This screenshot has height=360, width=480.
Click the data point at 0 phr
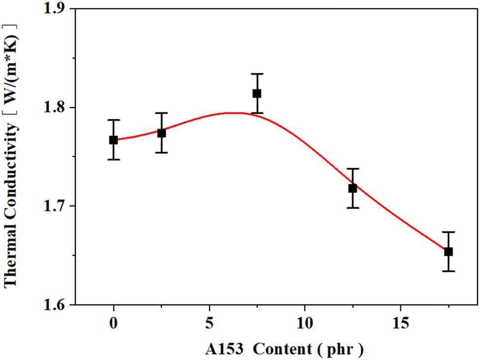click(114, 140)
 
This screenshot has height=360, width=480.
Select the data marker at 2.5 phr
click(161, 133)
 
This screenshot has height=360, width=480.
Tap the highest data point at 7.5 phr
click(257, 94)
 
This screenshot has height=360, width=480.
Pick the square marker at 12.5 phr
click(352, 188)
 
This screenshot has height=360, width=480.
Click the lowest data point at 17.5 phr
click(448, 252)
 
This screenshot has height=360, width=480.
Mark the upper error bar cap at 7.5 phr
click(257, 74)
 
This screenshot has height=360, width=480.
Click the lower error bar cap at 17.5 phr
click(448, 271)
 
